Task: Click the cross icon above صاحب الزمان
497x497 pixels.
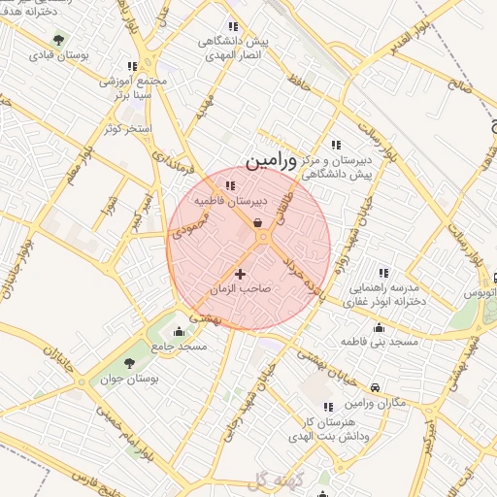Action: point(241,275)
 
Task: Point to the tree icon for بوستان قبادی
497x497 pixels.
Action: point(59,41)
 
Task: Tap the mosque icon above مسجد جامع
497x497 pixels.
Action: point(178,331)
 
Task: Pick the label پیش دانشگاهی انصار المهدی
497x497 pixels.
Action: point(232,50)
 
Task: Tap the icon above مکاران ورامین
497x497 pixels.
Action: point(376,386)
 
